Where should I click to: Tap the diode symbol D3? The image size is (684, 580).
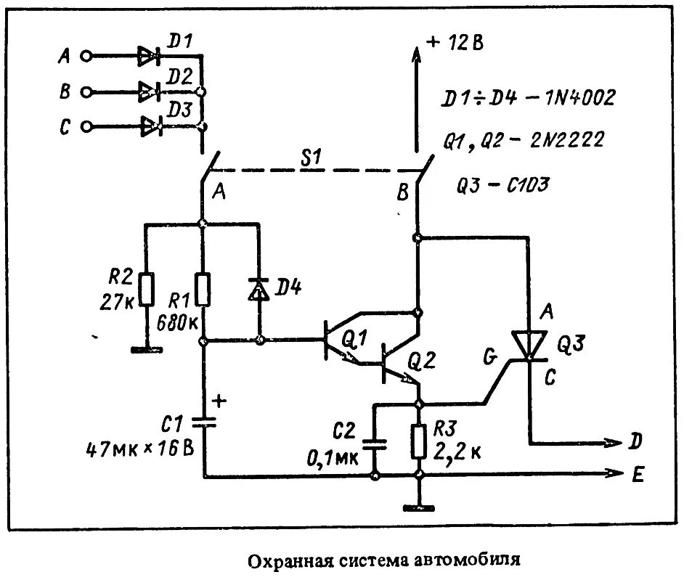click(x=150, y=127)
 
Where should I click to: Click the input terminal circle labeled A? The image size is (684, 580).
click(x=86, y=56)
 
